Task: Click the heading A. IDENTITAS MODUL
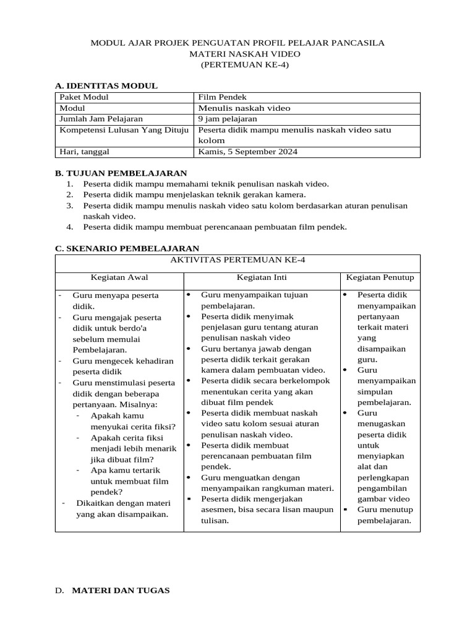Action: pyautogui.click(x=106, y=85)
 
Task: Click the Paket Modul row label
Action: pyautogui.click(x=83, y=97)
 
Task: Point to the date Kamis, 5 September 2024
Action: pyautogui.click(x=246, y=150)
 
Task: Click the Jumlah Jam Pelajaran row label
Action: pyautogui.click(x=101, y=118)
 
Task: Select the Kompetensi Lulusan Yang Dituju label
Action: pyautogui.click(x=124, y=130)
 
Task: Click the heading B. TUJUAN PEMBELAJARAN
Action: pyautogui.click(x=121, y=173)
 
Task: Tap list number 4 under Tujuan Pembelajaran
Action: pyautogui.click(x=71, y=227)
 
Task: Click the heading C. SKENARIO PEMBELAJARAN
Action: pyautogui.click(x=127, y=248)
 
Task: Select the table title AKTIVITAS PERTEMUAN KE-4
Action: pyautogui.click(x=237, y=260)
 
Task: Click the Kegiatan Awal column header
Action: pyautogui.click(x=119, y=277)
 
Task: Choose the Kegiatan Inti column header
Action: pyautogui.click(x=262, y=277)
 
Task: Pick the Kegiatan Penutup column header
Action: pyautogui.click(x=380, y=277)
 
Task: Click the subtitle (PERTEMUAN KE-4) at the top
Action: pyautogui.click(x=237, y=64)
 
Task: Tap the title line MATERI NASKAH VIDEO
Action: pyautogui.click(x=237, y=54)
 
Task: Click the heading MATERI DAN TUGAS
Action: pyautogui.click(x=121, y=591)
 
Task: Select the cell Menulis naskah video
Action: pyautogui.click(x=244, y=108)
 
